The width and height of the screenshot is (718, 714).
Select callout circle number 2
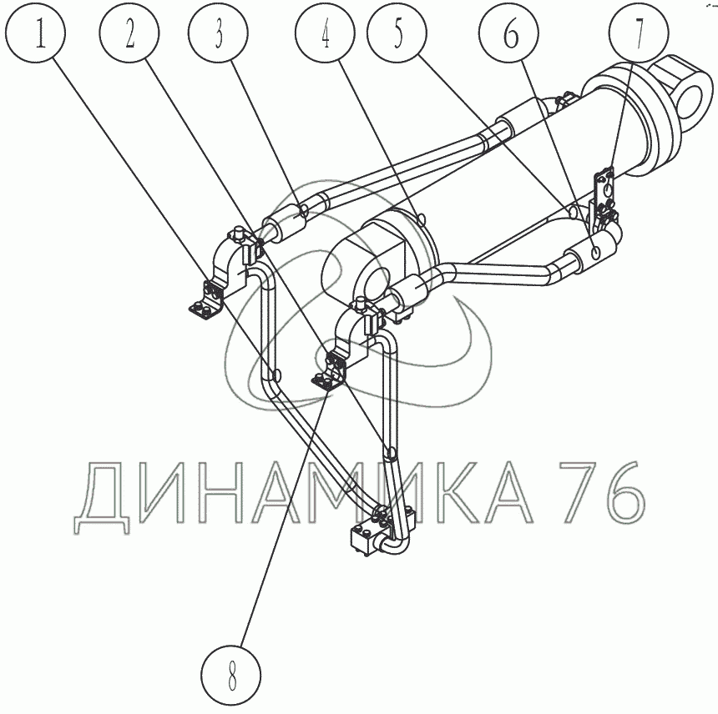[130, 33]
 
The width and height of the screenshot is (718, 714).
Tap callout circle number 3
[219, 33]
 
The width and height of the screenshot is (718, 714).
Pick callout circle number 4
[325, 33]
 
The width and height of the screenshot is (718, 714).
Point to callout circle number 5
[397, 33]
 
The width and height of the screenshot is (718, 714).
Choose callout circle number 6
[508, 33]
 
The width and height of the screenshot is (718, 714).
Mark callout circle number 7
[639, 33]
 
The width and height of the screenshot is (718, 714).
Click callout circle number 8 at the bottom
[231, 675]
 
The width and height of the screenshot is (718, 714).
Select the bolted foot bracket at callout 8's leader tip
[329, 370]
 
